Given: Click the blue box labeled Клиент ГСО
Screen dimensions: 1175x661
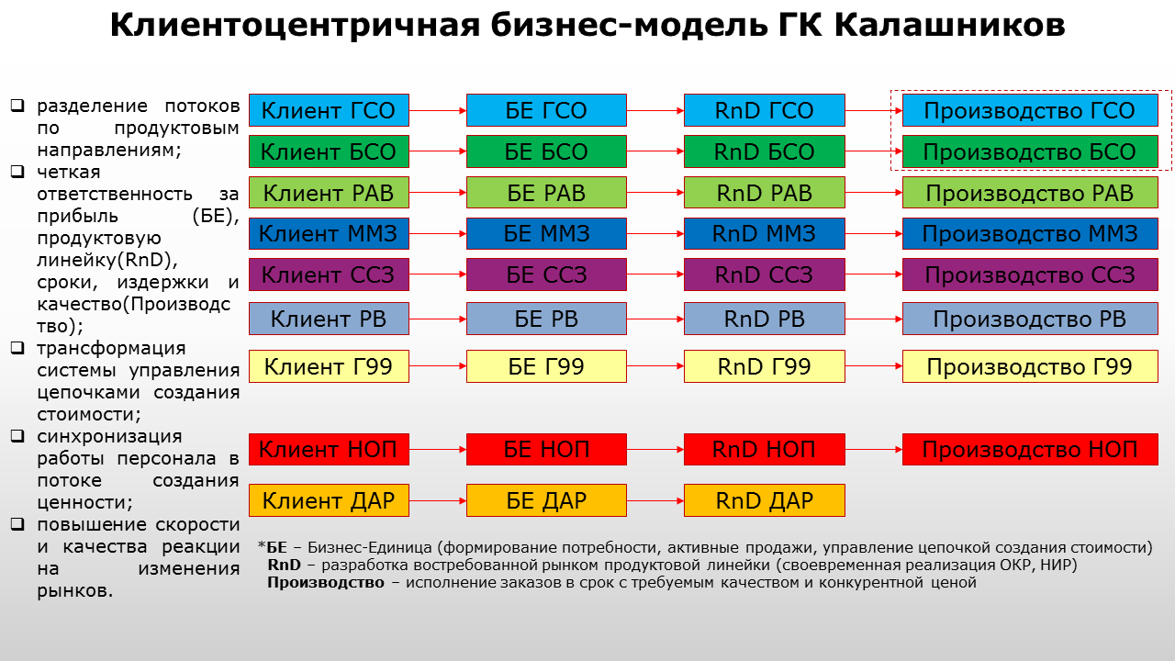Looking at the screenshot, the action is click(329, 110).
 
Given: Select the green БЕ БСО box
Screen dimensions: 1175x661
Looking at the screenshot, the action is click(546, 151).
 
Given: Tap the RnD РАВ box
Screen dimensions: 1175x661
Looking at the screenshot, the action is click(765, 193).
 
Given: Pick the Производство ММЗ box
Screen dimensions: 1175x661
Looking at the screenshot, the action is click(1030, 233).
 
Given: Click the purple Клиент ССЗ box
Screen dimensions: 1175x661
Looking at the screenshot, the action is click(329, 274).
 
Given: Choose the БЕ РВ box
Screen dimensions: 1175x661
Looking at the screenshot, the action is click(546, 319).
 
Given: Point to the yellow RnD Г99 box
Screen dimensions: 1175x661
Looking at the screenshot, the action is click(765, 366).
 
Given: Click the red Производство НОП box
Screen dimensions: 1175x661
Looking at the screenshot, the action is click(1030, 449).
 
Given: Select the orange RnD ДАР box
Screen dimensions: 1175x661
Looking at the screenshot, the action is click(765, 500).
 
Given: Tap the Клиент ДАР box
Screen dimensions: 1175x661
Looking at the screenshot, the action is click(329, 500).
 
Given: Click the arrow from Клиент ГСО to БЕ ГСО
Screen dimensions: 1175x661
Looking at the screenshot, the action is click(438, 111).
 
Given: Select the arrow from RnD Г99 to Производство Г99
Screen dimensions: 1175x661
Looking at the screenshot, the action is click(873, 366).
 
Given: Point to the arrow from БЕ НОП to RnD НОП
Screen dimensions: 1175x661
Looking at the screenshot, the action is click(655, 450).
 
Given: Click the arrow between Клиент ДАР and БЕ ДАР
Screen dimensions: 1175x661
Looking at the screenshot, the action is click(438, 501).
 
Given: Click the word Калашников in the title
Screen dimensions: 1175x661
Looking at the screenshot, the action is click(949, 25).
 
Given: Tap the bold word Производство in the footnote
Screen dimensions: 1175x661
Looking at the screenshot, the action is click(326, 583).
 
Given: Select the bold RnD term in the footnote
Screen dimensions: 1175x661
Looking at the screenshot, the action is click(284, 565).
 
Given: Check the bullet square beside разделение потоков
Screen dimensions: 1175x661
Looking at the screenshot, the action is click(17, 106).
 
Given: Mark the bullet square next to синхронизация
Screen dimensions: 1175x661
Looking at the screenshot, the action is click(17, 435).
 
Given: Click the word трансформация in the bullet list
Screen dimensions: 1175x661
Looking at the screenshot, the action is click(111, 348).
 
